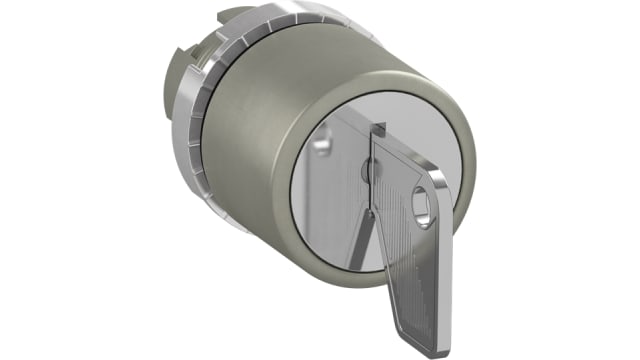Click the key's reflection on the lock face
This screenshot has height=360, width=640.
[336, 200]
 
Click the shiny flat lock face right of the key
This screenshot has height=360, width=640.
[440, 160]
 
